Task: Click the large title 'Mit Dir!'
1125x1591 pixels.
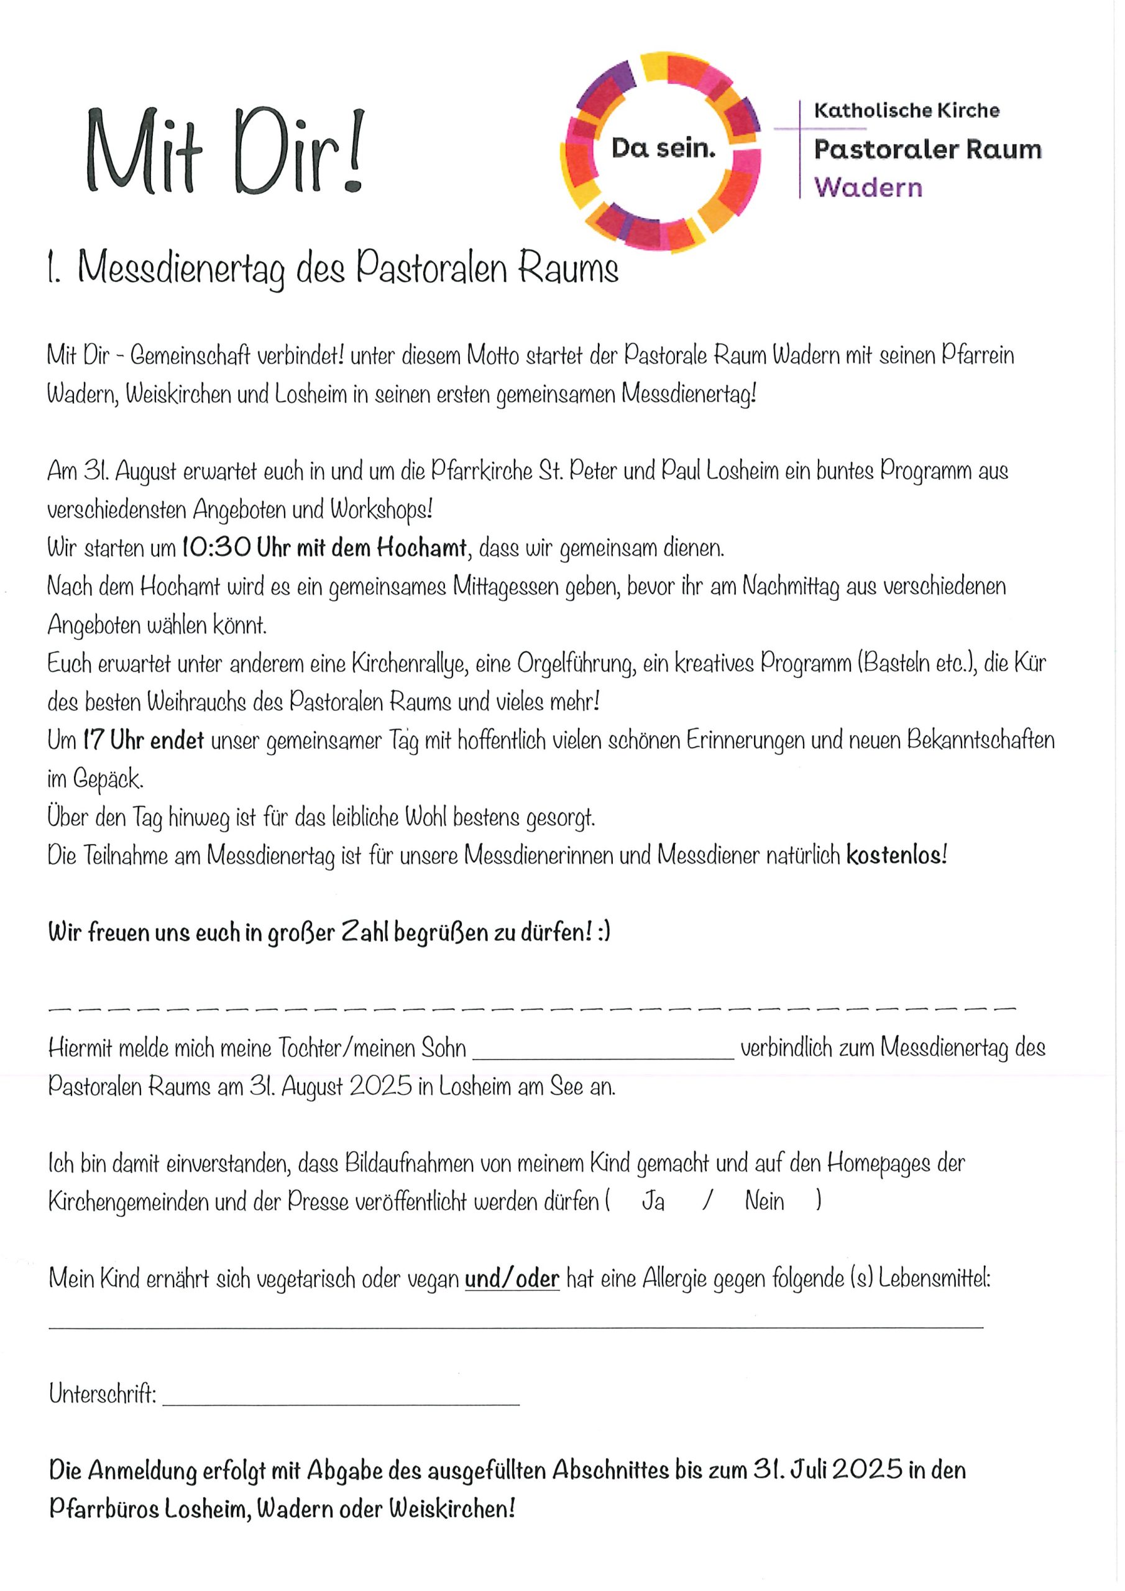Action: (224, 151)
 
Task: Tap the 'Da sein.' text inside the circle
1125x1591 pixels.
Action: (663, 147)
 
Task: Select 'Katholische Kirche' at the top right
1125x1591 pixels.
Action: (906, 110)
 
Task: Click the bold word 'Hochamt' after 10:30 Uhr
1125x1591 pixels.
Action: (421, 548)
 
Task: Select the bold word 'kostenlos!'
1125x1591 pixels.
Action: (896, 856)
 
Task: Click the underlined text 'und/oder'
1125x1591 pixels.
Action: (512, 1278)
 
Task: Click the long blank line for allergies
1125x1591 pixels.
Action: (515, 1326)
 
